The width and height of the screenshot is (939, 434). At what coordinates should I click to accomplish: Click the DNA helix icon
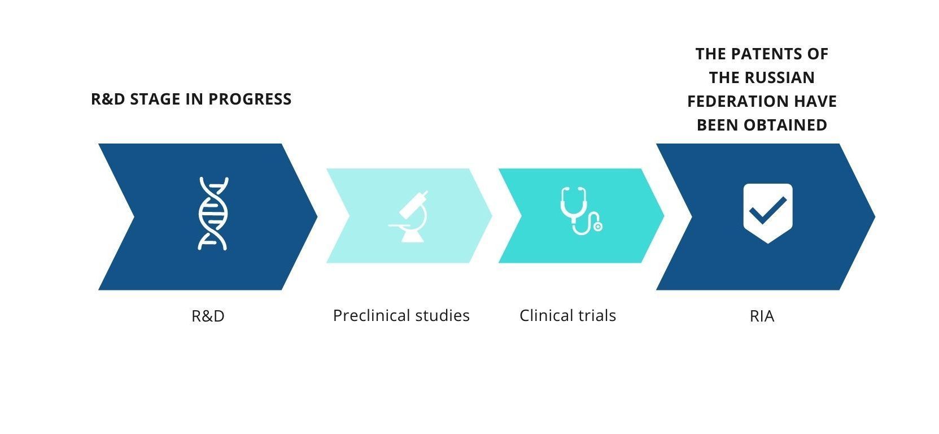(x=213, y=214)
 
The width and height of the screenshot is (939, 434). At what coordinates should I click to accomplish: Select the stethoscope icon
(x=581, y=211)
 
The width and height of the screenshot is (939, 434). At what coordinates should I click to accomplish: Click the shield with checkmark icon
(x=768, y=213)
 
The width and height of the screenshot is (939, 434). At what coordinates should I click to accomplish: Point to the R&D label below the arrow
(x=208, y=316)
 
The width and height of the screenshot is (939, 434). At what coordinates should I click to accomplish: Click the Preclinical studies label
(x=401, y=316)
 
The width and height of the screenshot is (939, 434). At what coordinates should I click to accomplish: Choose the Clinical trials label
(x=567, y=316)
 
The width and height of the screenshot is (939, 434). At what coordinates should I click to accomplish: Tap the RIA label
(x=762, y=316)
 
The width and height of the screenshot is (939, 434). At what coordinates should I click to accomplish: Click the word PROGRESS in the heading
(x=250, y=99)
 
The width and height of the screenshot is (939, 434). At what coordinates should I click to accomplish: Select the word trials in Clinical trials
(x=597, y=316)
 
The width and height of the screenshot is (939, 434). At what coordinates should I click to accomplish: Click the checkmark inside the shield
(x=768, y=210)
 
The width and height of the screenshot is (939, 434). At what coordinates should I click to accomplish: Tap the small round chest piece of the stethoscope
(x=598, y=227)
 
